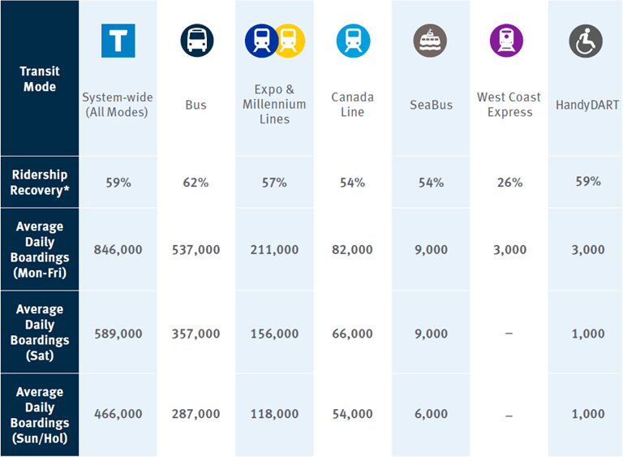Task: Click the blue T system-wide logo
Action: tap(118, 41)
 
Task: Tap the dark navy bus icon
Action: tap(195, 40)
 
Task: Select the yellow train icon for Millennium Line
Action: tap(289, 41)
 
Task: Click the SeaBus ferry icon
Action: tap(430, 41)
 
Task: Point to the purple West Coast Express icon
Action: tap(507, 41)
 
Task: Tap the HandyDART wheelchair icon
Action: tap(586, 41)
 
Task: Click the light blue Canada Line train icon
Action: tap(353, 41)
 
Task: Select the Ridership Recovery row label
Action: tap(40, 183)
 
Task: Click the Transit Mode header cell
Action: tap(40, 79)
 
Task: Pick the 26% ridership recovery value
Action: tap(509, 183)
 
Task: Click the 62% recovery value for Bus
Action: tap(195, 183)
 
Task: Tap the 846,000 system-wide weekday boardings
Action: tap(118, 250)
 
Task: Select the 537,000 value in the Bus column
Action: tap(195, 250)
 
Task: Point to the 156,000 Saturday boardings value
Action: tap(274, 334)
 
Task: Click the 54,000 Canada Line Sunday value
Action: tap(352, 414)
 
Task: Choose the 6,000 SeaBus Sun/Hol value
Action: tap(430, 414)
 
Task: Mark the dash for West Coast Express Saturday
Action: tap(509, 334)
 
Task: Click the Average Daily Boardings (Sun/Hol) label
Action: tap(40, 415)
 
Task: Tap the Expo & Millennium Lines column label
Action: tap(274, 104)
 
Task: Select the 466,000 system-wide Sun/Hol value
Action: tap(118, 414)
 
